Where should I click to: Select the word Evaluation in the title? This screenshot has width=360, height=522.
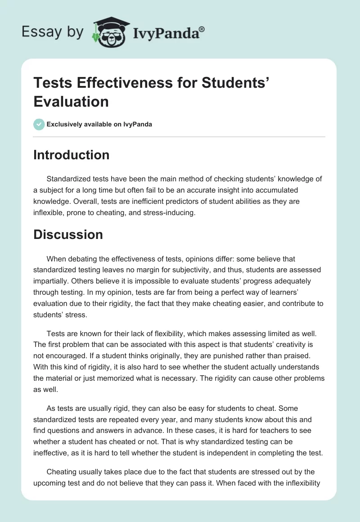71,101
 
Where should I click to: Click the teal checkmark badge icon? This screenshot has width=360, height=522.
39,124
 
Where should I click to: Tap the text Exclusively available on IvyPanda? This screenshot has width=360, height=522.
99,124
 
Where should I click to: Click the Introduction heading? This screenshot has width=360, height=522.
71,155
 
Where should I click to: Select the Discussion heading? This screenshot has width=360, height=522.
68,234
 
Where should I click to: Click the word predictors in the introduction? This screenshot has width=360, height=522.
151,202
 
